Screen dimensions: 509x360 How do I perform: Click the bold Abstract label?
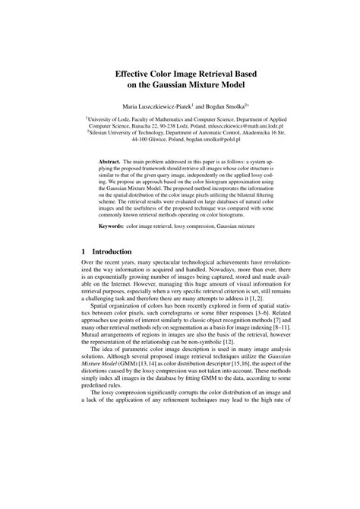coord(114,163)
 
